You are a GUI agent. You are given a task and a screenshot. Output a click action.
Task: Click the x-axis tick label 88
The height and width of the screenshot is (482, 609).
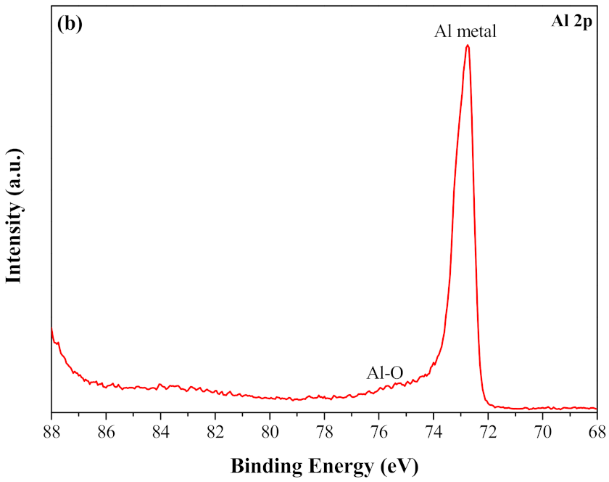click(x=51, y=431)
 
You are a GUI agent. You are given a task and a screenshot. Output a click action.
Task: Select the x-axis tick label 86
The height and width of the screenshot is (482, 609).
click(x=106, y=431)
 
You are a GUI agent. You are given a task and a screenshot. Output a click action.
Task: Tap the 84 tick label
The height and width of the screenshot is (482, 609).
click(x=160, y=431)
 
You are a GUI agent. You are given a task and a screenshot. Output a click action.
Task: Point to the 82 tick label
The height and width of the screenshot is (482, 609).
click(x=215, y=431)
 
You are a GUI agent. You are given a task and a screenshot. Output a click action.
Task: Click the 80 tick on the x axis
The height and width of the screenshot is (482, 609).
click(x=270, y=431)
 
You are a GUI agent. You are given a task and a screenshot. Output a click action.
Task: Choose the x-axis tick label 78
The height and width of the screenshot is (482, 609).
click(x=324, y=431)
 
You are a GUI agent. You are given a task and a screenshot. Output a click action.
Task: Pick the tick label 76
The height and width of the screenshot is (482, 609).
click(x=378, y=431)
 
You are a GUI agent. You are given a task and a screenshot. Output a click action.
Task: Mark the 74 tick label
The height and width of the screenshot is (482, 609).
click(x=434, y=431)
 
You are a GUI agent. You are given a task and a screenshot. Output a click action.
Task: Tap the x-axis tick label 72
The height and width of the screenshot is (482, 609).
click(x=488, y=431)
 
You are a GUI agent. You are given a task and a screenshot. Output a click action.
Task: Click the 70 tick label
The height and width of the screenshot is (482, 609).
click(x=542, y=431)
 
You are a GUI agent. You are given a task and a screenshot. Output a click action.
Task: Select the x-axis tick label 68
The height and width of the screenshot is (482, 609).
click(x=596, y=431)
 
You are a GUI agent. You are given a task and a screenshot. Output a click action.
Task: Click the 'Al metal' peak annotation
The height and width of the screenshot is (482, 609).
click(x=465, y=32)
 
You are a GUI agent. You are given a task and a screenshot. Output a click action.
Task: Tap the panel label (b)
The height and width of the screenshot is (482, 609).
click(x=70, y=23)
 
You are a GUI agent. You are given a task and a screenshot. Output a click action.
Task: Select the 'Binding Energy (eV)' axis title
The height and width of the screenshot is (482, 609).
click(x=325, y=463)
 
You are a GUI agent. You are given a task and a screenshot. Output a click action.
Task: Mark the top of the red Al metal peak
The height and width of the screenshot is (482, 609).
click(x=468, y=45)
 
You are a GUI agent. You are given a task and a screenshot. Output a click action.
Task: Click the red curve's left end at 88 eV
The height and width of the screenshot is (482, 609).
click(x=51, y=328)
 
